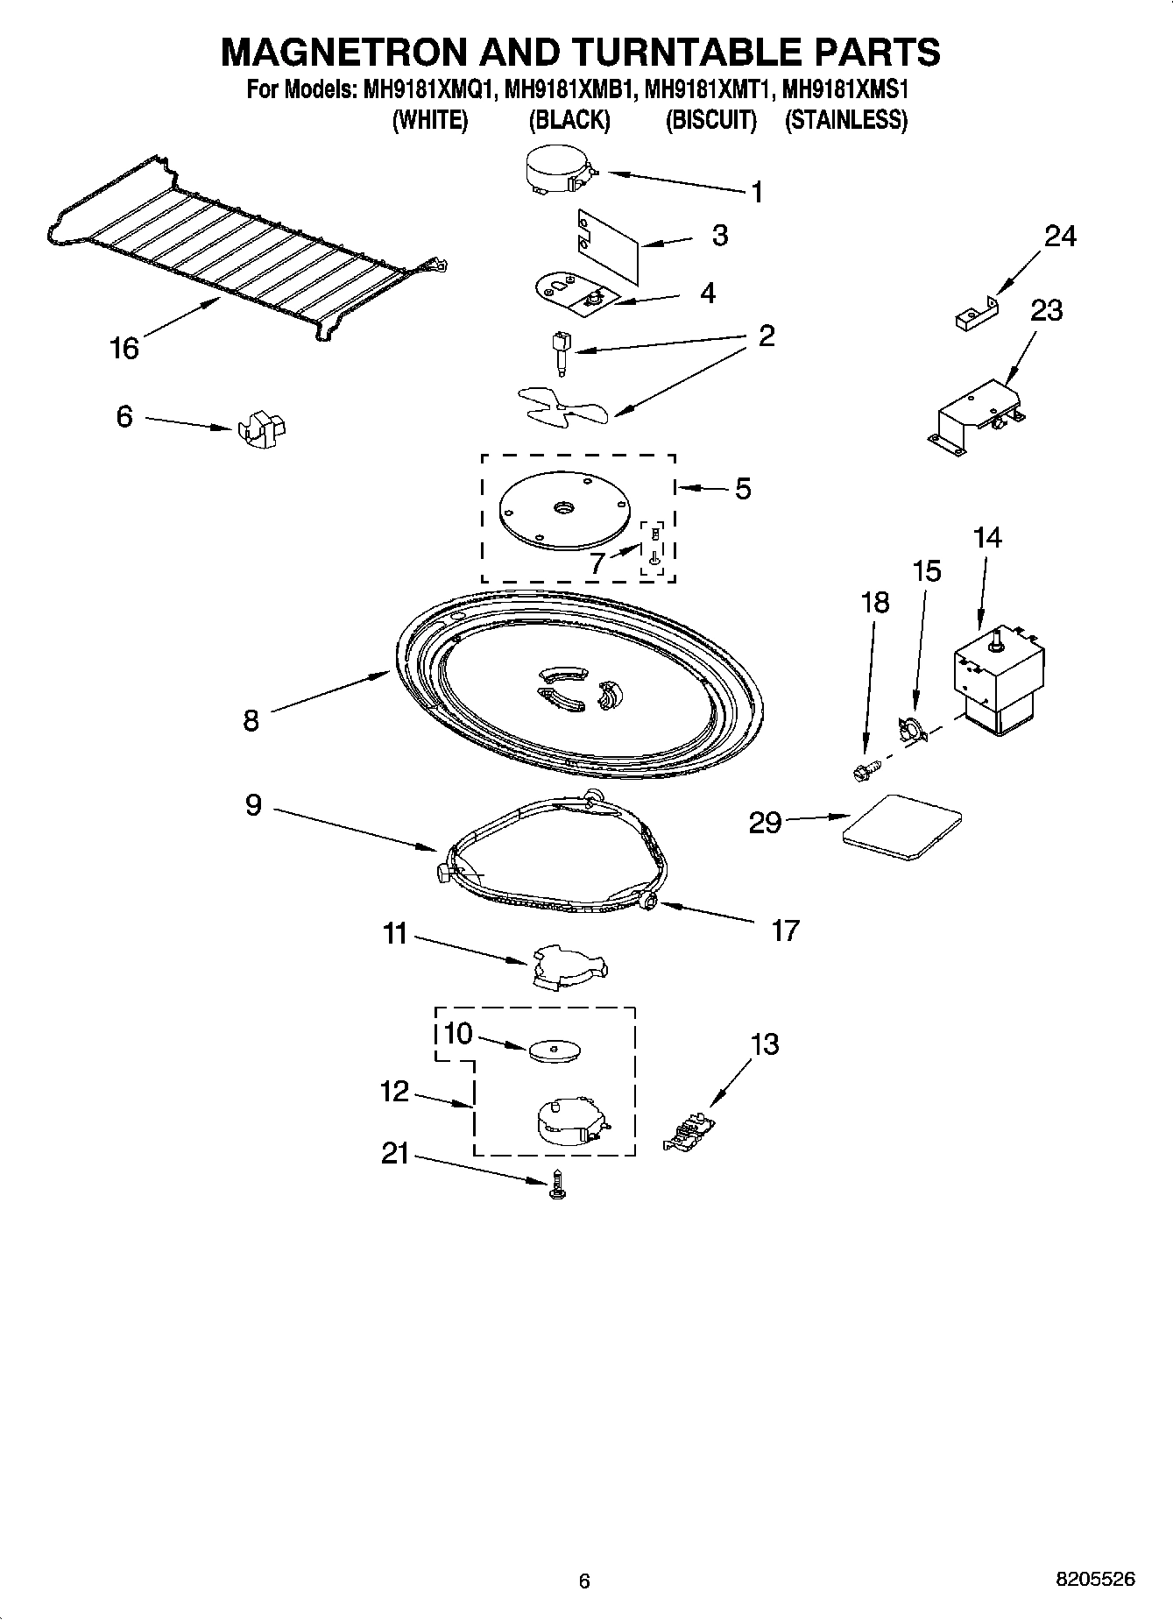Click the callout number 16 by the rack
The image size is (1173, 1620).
click(x=124, y=349)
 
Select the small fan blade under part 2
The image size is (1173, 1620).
click(x=559, y=407)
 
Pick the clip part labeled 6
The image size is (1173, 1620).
click(x=262, y=427)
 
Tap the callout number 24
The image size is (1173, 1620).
click(x=1059, y=236)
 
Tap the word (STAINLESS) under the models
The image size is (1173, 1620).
click(x=845, y=120)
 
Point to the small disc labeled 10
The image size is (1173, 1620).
click(x=555, y=1050)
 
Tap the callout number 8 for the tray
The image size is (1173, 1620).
click(x=251, y=721)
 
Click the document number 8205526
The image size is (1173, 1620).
click(x=1095, y=1579)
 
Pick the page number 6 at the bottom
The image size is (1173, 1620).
click(x=584, y=1581)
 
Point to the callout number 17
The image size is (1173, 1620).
click(x=785, y=930)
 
